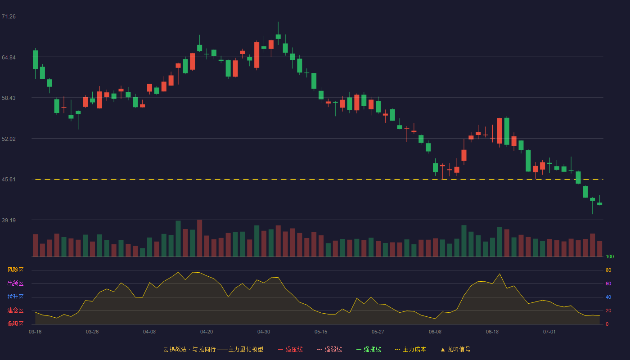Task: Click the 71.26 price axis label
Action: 9,17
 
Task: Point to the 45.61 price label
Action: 9,180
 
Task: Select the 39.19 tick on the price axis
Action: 9,220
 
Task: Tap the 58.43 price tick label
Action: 9,98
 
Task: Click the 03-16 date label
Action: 35,332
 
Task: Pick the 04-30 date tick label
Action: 264,332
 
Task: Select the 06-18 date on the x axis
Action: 492,332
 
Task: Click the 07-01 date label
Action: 549,332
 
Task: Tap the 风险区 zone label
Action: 15,270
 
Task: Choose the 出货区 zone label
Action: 15,283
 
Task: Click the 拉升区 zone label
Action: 15,297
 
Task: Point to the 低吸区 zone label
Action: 15,324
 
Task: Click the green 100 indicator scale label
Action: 610,256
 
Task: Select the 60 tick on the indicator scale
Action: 608,283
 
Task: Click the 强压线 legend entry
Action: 290,349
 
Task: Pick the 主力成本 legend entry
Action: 410,349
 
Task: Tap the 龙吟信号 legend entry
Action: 455,349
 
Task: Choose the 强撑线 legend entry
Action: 369,349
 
